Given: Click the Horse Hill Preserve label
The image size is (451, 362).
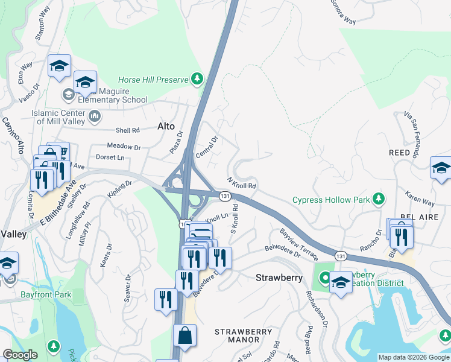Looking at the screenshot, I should tap(153, 80).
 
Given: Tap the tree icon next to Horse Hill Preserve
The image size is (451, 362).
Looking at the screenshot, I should tap(197, 79).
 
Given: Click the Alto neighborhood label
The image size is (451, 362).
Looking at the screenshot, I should tap(166, 127).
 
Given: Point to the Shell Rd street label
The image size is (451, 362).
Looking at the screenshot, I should tap(127, 130).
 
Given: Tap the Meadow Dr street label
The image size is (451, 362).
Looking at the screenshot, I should tap(124, 147).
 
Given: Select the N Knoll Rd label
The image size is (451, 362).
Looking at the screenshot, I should tap(242, 183).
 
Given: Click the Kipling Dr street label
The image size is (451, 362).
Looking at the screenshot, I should tap(120, 188).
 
